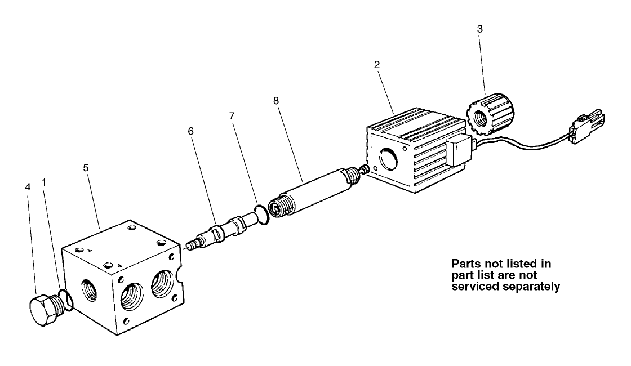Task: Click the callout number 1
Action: point(44,182)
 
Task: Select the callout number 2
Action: point(377,64)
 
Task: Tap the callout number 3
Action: point(479,29)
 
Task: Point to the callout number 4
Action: point(28,187)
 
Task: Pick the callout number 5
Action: point(86,168)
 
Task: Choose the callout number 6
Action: point(191,131)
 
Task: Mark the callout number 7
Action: point(232,116)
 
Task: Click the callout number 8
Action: point(275,101)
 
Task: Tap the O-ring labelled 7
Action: point(261,215)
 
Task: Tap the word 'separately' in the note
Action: point(532,287)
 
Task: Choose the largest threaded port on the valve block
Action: point(132,296)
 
